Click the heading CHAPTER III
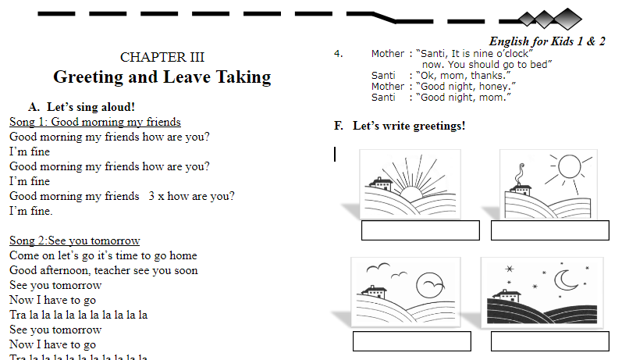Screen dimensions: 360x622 [162, 57]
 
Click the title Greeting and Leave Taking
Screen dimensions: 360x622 [162, 77]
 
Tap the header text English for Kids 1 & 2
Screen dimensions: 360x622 [547, 41]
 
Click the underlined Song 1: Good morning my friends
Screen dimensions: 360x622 [95, 122]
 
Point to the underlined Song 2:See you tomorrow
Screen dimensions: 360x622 [75, 241]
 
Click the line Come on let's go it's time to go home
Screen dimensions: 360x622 [103, 255]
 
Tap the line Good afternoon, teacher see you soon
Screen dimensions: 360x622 [103, 270]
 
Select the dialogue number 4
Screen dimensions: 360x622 [338, 54]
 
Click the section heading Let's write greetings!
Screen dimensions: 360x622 [409, 126]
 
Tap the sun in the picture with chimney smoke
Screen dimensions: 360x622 [567, 167]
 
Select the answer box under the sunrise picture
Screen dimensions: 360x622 [420, 230]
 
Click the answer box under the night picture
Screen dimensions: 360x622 [549, 341]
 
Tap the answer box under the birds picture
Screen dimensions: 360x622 [411, 341]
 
